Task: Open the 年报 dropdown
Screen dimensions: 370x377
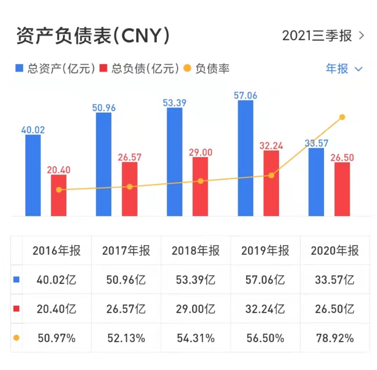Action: click(x=343, y=68)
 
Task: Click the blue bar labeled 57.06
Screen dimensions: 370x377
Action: click(x=245, y=158)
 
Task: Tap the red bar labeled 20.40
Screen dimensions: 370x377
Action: click(x=59, y=195)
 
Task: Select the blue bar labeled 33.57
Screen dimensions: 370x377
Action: click(x=316, y=182)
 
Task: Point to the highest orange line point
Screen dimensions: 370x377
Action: click(x=342, y=117)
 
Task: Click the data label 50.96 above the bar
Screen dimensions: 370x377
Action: click(x=104, y=107)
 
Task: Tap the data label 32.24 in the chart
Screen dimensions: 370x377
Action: click(x=271, y=146)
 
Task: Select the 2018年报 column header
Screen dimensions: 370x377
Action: click(x=196, y=251)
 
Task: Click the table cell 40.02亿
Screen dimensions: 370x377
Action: click(x=57, y=280)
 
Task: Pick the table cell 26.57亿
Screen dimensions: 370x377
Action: click(x=126, y=309)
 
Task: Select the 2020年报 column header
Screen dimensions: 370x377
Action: click(x=335, y=251)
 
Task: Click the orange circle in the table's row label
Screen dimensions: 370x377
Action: click(x=16, y=338)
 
